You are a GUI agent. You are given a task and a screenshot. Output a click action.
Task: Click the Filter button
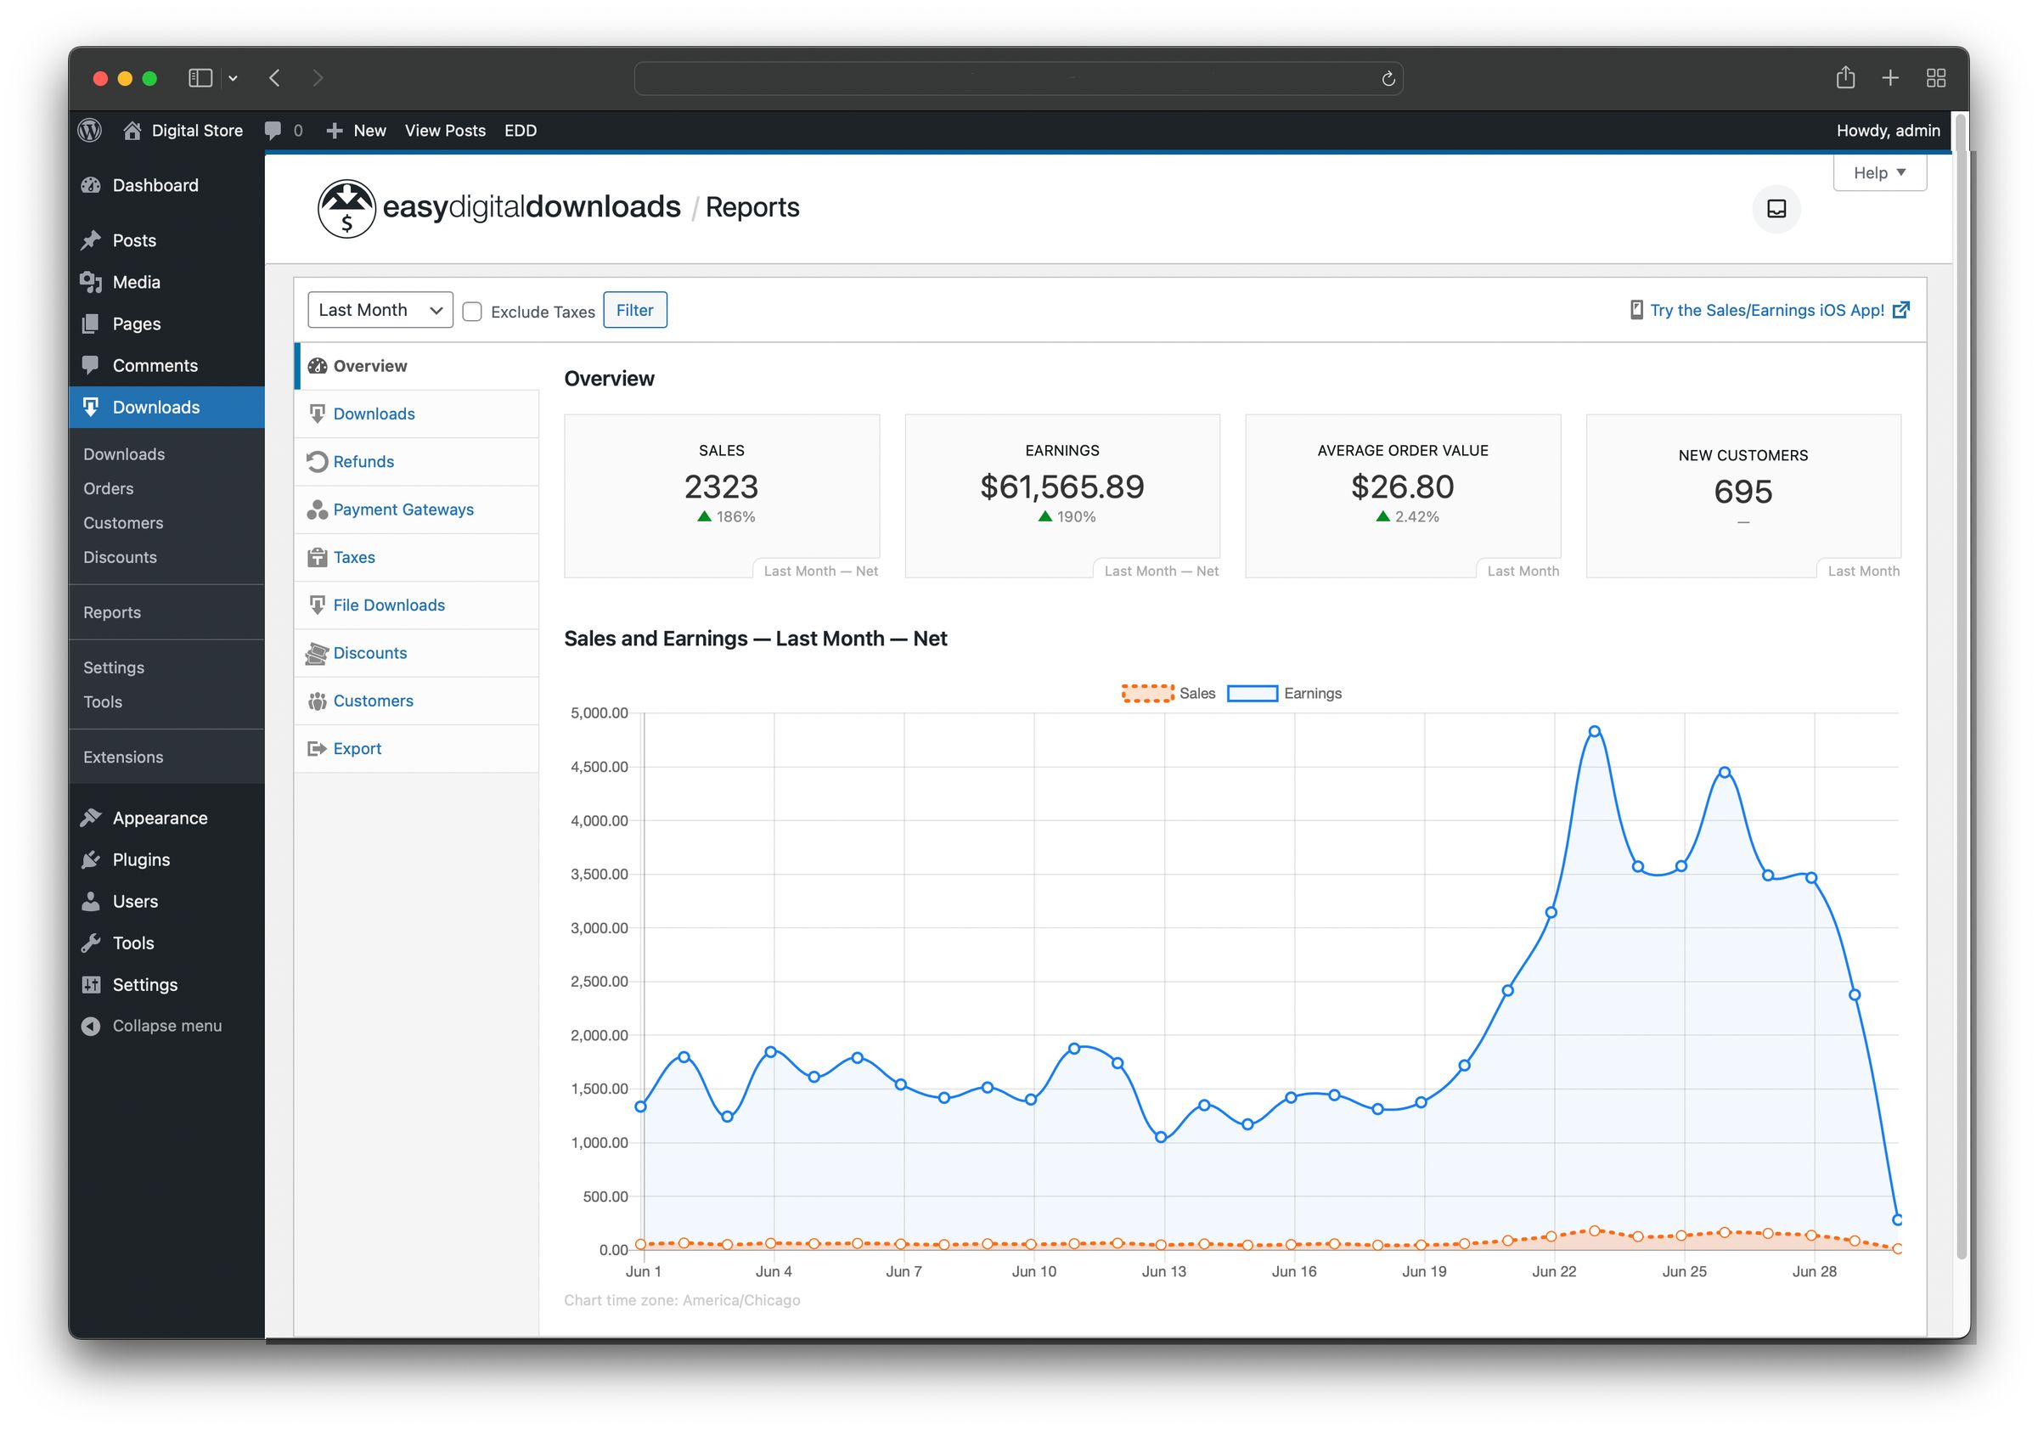coord(634,310)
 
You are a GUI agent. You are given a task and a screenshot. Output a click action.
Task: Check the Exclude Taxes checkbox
coord(472,312)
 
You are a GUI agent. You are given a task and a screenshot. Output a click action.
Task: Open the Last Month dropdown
coord(380,310)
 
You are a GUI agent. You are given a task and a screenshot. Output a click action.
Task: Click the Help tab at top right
coord(1878,173)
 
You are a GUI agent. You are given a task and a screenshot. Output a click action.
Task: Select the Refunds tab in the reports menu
coord(363,462)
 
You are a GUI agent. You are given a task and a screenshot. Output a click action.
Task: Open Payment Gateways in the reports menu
coord(403,510)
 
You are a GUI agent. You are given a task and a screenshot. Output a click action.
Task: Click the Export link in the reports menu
coord(357,748)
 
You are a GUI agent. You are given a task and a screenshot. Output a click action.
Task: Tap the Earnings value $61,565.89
coord(1061,487)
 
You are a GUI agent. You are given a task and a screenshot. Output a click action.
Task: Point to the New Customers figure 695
coord(1742,492)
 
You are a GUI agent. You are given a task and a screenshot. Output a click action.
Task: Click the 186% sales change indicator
coord(726,516)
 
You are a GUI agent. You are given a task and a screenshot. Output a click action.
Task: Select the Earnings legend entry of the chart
coord(1285,693)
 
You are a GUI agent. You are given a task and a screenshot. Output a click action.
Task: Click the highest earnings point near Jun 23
coord(1594,731)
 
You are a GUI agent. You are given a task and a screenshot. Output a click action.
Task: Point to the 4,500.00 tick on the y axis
coord(600,767)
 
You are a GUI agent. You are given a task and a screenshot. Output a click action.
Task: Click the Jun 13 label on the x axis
coord(1163,1271)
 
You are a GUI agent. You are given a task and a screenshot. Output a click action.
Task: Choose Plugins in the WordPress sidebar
coord(141,859)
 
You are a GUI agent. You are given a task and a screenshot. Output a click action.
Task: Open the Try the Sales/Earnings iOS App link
coord(1766,310)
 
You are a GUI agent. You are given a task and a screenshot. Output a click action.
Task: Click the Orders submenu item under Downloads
coord(109,488)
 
